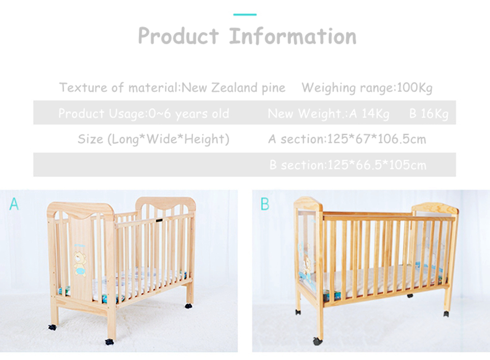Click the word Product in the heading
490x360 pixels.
click(x=178, y=36)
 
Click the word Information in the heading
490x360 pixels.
click(x=292, y=36)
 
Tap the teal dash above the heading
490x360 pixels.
click(x=245, y=14)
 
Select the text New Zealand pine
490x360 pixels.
click(x=234, y=88)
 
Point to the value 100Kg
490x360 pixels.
click(x=414, y=88)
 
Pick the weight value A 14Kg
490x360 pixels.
click(x=369, y=114)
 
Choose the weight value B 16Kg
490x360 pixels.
click(x=429, y=114)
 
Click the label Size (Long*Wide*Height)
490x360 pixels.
click(x=154, y=139)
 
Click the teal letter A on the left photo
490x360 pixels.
click(x=14, y=204)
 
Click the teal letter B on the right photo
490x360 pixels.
click(x=265, y=204)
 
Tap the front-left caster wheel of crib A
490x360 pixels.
click(x=109, y=341)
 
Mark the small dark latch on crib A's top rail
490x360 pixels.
click(x=160, y=221)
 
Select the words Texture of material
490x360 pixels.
click(x=118, y=88)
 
